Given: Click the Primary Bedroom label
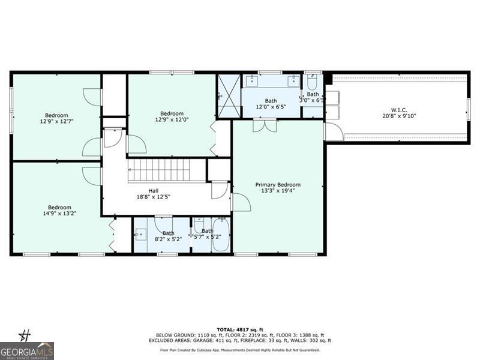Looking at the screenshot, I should pos(278,188).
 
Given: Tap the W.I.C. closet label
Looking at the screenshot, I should pos(399,113).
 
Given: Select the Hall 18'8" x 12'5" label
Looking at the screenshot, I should pos(154,194).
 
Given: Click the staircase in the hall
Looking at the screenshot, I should pos(159,170).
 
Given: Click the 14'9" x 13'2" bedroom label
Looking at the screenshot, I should pos(60,210).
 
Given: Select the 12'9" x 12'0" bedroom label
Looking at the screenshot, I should pos(172,117).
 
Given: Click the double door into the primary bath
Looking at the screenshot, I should pos(264,125).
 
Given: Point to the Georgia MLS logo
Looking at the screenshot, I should pos(27,350).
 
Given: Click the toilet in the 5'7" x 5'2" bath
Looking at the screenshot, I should pos(199,226).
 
